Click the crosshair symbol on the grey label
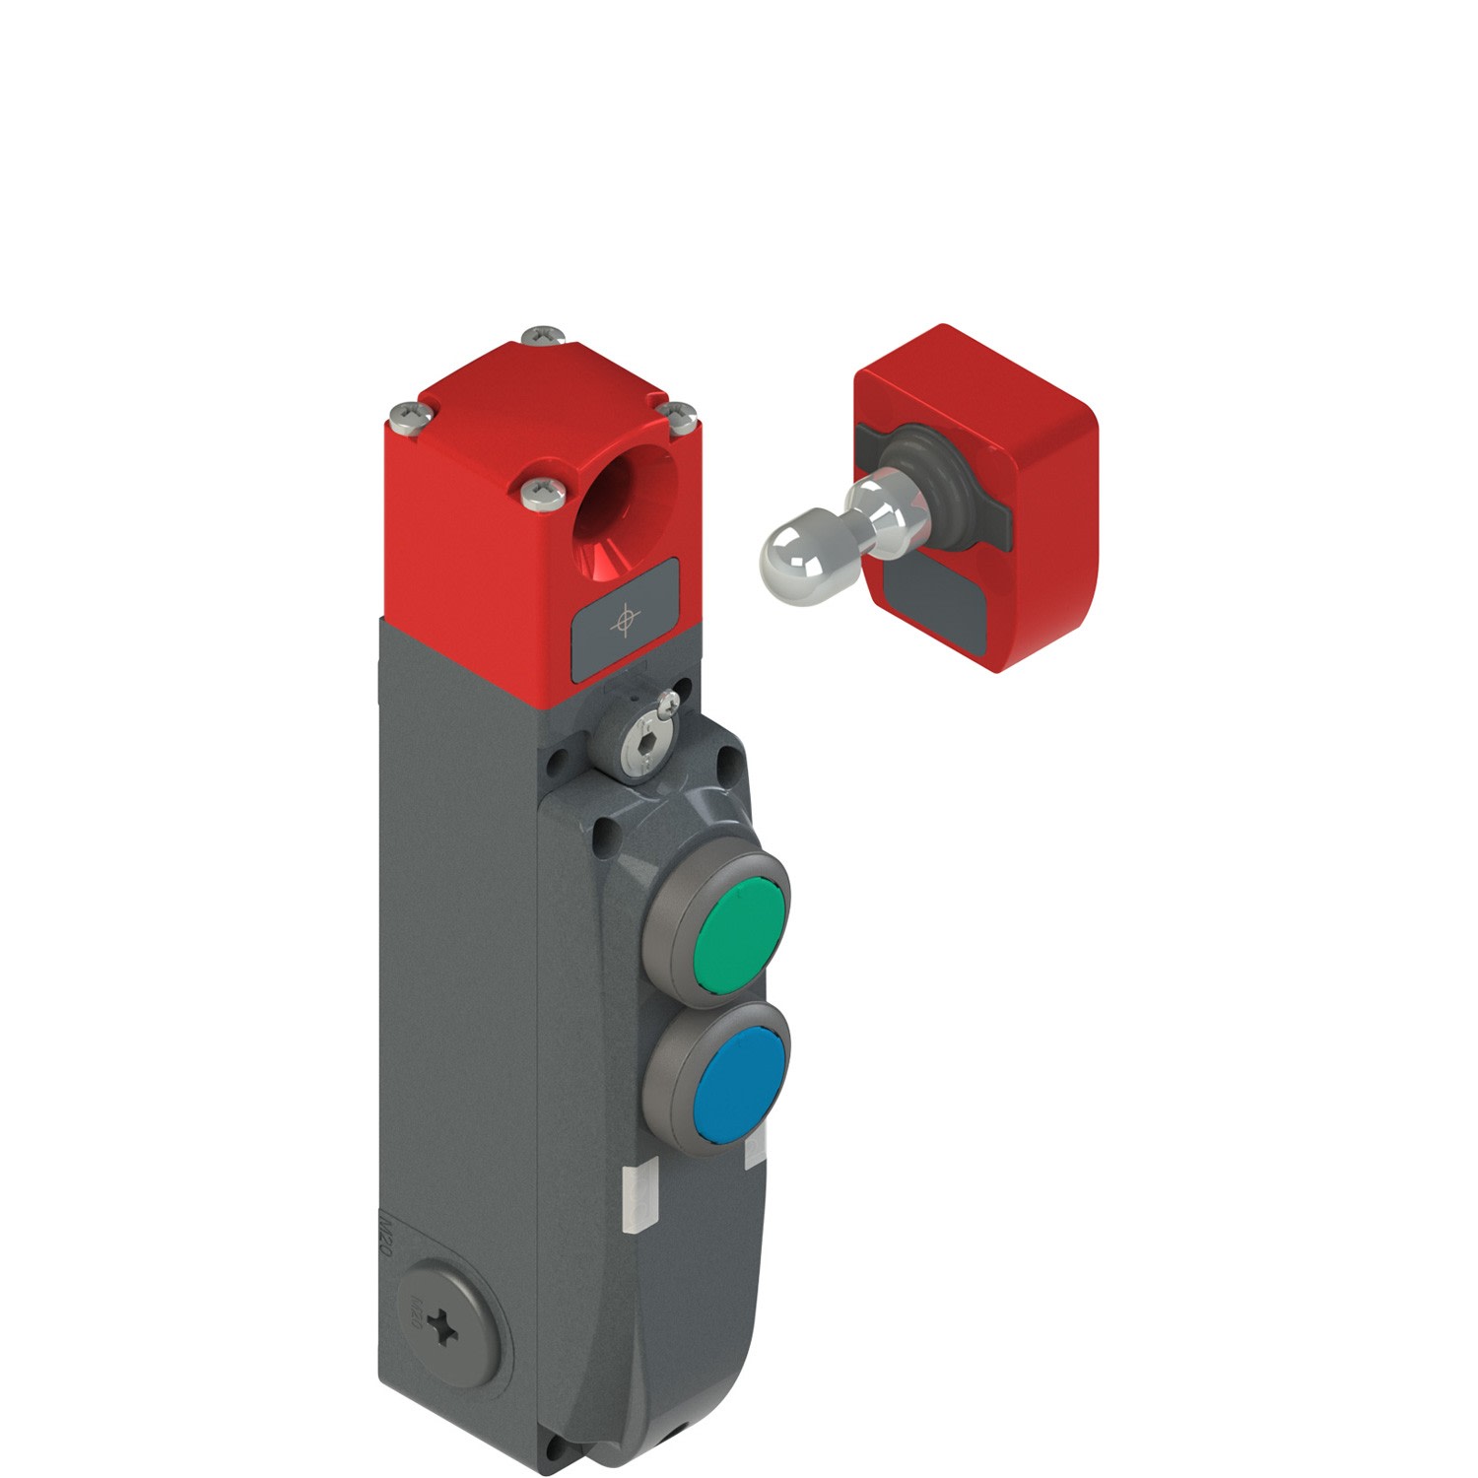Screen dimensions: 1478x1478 coord(624,621)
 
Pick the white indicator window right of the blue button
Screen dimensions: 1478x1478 coord(757,1149)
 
